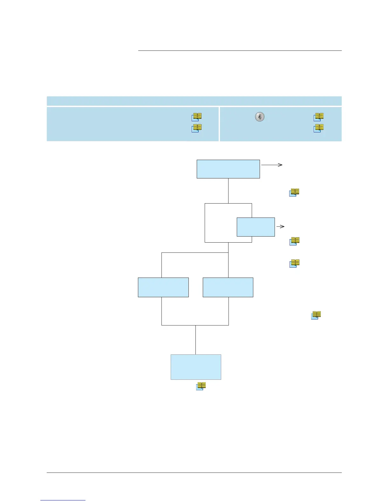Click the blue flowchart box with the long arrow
[228, 169]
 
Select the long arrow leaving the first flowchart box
[272, 165]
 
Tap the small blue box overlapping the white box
[256, 227]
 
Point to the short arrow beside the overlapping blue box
[280, 226]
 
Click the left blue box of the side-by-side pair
[163, 287]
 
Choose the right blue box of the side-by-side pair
[228, 287]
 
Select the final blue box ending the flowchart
[196, 367]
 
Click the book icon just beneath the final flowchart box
[201, 386]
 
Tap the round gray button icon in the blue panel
[260, 117]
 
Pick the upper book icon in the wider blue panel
[196, 117]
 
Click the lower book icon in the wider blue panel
[196, 128]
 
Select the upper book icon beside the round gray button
[319, 117]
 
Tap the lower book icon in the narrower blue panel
[319, 128]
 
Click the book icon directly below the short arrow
[294, 241]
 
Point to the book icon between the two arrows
[294, 192]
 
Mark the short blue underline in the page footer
[63, 500]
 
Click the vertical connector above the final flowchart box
[195, 340]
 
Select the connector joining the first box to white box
[228, 191]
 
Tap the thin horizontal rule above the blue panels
[240, 50]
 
